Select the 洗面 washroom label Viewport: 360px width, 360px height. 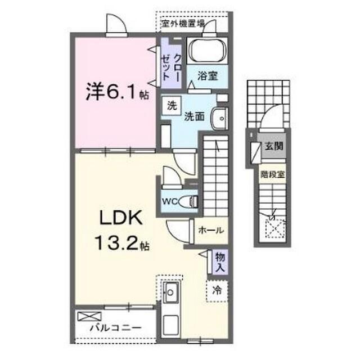(x=194, y=116)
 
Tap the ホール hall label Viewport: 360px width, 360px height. (x=212, y=229)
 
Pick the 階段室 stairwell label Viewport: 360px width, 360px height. (x=273, y=173)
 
